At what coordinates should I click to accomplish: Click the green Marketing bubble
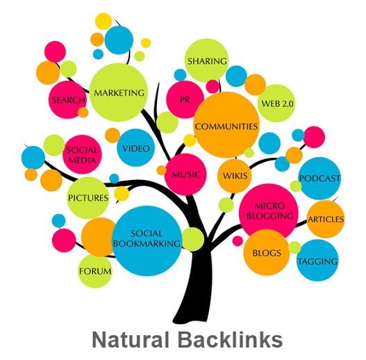(x=118, y=92)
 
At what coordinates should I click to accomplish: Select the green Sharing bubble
(x=207, y=61)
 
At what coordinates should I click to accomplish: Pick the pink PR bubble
(x=185, y=99)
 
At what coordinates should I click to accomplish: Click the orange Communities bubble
(x=226, y=126)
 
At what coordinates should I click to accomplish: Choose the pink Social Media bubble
(x=83, y=154)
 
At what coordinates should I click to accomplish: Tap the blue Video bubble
(x=136, y=148)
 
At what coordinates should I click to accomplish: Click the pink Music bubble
(x=186, y=174)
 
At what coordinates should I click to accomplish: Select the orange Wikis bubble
(x=235, y=174)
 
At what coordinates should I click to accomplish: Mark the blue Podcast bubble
(x=319, y=179)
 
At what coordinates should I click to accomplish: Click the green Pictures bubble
(x=88, y=197)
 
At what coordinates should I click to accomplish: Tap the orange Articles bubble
(x=325, y=219)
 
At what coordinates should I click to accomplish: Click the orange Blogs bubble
(x=267, y=253)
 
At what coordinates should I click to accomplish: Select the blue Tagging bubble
(x=317, y=261)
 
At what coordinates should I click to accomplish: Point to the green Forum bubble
(x=95, y=270)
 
